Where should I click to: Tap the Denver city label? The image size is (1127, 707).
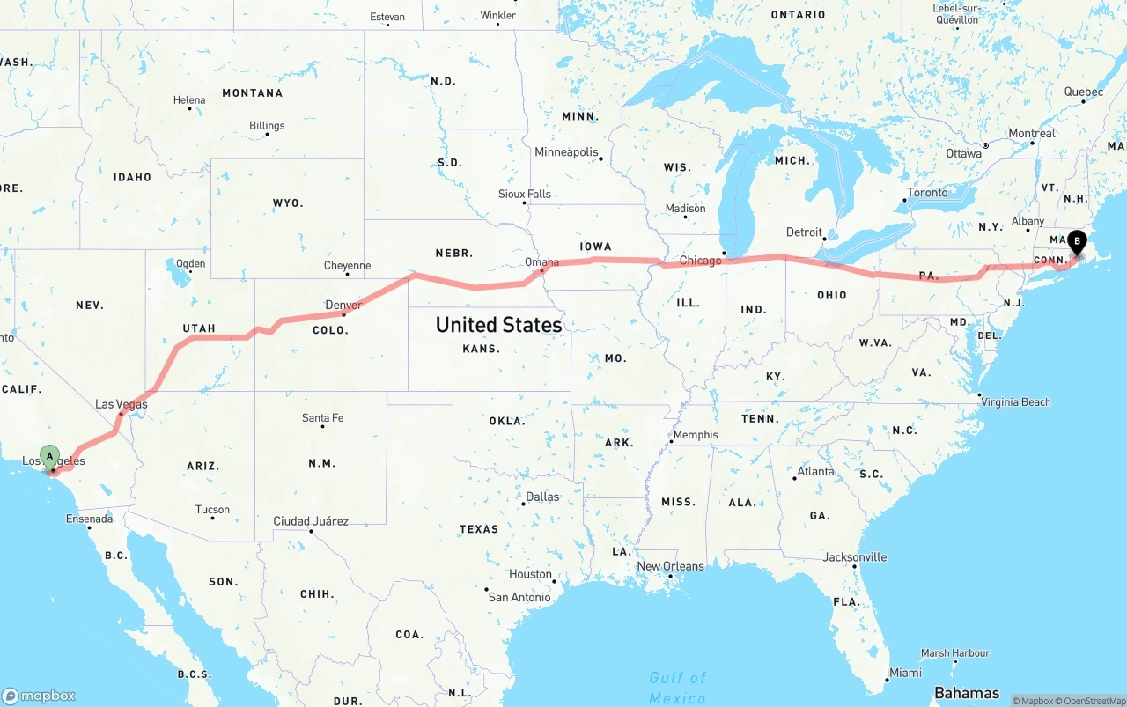[x=343, y=306]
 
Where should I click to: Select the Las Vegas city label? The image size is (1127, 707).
[x=122, y=404]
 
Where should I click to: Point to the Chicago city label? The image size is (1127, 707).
[x=700, y=261]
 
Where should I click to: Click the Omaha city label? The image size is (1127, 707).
[x=541, y=262]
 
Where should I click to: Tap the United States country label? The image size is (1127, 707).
[x=498, y=325]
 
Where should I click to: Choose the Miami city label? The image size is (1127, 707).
[x=905, y=673]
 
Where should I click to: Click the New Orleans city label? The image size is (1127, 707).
[x=670, y=566]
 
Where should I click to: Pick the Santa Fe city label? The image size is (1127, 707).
[x=322, y=418]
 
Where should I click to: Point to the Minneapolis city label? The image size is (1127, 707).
[x=566, y=152]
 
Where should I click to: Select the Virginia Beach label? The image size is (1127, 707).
[x=1016, y=402]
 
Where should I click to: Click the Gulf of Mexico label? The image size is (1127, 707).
[x=678, y=688]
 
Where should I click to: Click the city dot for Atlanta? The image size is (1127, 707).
[x=794, y=478]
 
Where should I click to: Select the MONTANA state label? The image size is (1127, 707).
[x=252, y=93]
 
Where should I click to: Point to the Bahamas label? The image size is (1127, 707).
[x=967, y=693]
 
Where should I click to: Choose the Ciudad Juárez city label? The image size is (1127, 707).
[x=311, y=521]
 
